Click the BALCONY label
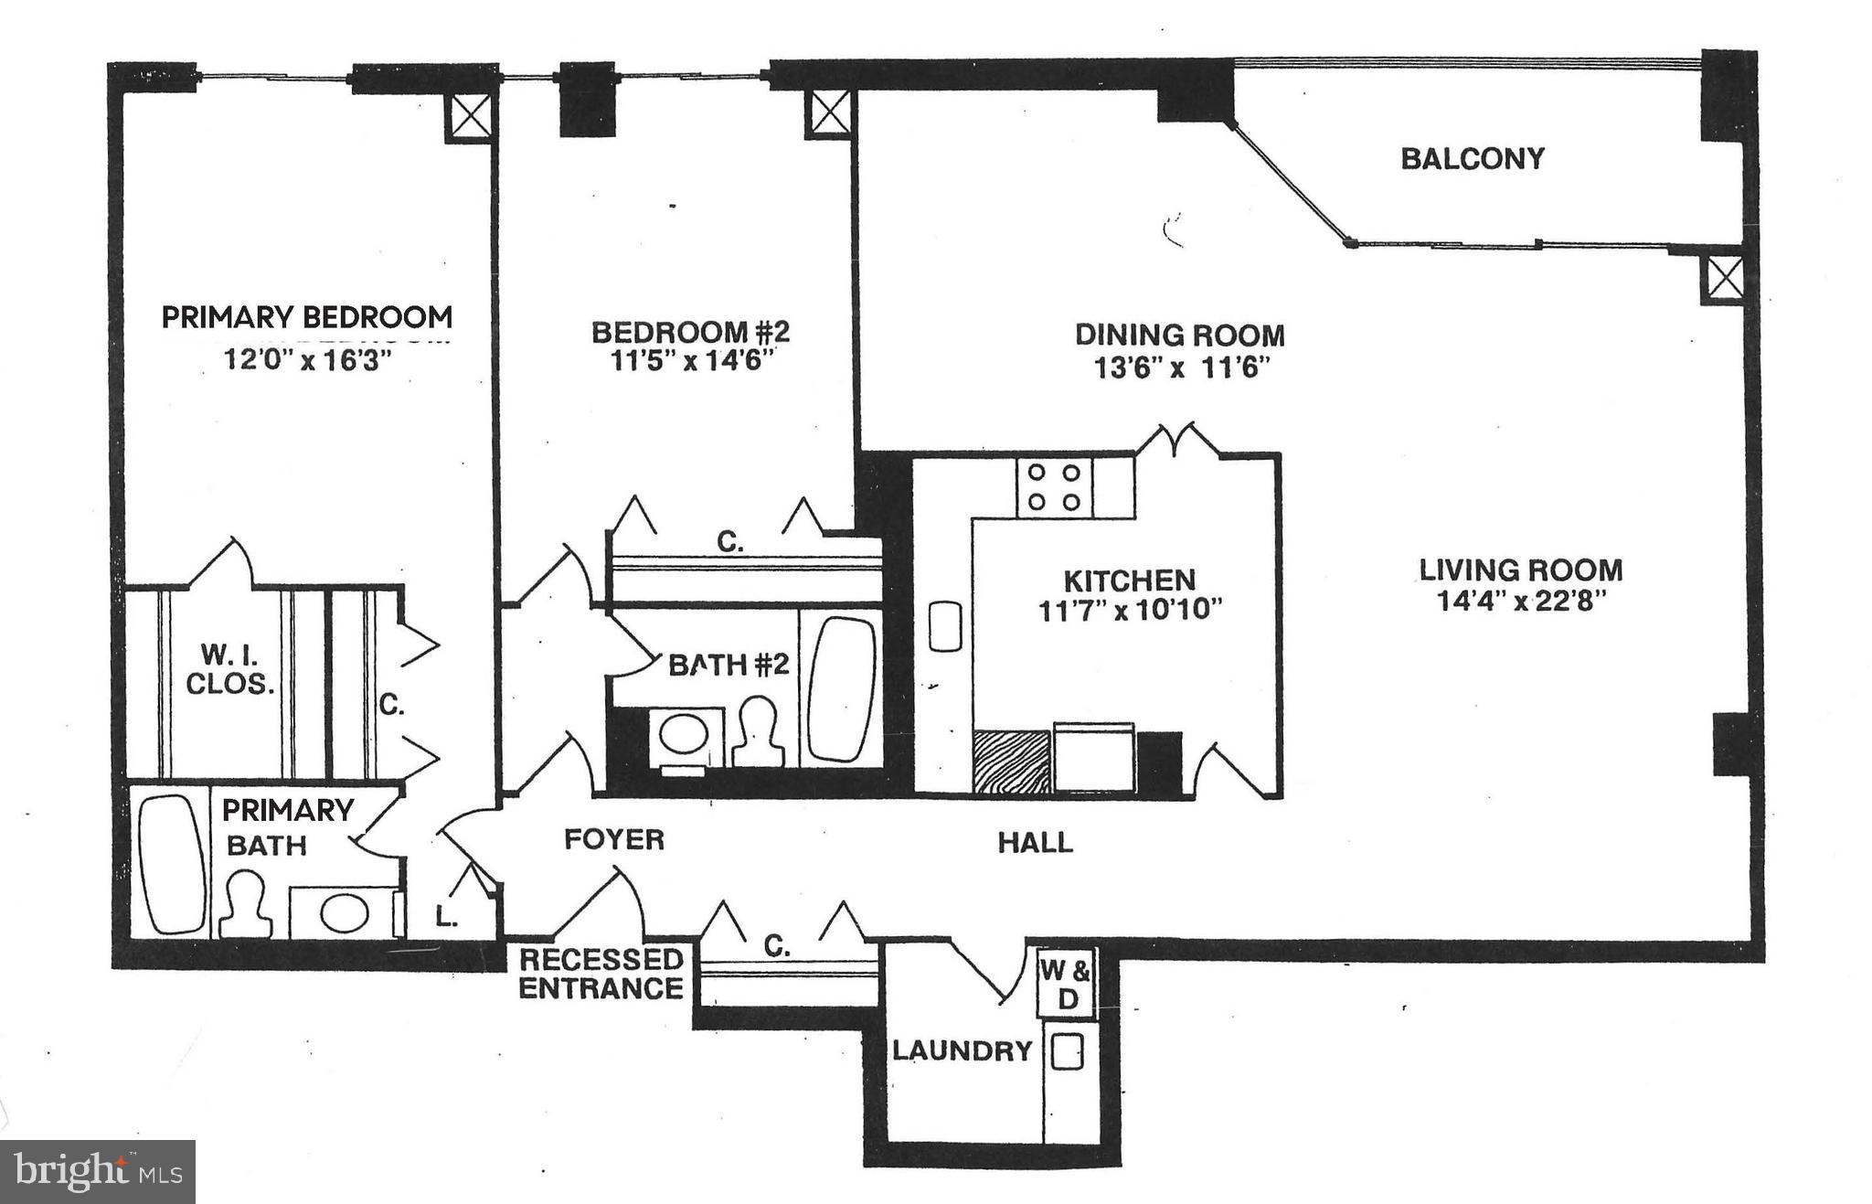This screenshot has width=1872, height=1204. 1472,159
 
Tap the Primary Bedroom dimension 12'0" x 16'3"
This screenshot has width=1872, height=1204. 307,360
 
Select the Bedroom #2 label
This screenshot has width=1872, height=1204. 690,331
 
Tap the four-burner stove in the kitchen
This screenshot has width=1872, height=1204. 1054,487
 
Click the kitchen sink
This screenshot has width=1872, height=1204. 944,626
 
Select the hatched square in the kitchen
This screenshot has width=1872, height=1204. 1011,761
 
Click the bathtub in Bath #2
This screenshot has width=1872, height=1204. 841,689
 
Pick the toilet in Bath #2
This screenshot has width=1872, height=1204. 760,732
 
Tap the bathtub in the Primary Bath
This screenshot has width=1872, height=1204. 172,863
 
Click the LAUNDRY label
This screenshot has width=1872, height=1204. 962,1051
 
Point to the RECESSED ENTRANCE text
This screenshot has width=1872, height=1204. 601,975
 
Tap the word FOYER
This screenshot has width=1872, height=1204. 613,839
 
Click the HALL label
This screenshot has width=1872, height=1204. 1035,842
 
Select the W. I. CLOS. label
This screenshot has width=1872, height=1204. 229,669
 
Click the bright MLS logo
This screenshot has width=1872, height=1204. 98,1171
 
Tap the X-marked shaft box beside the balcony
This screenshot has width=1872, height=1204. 1724,279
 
